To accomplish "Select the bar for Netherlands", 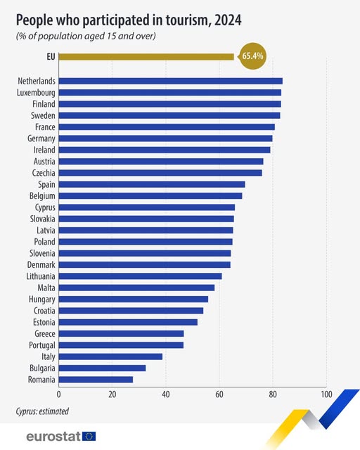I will (171, 81).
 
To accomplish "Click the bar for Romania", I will (96, 380).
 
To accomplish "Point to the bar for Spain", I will (152, 184).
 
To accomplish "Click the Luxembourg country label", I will (36, 92).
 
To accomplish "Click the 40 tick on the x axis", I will (166, 394).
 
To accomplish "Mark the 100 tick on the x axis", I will (326, 394).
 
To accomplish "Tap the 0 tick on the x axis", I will (59, 394).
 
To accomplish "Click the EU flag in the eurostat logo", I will (89, 437).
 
